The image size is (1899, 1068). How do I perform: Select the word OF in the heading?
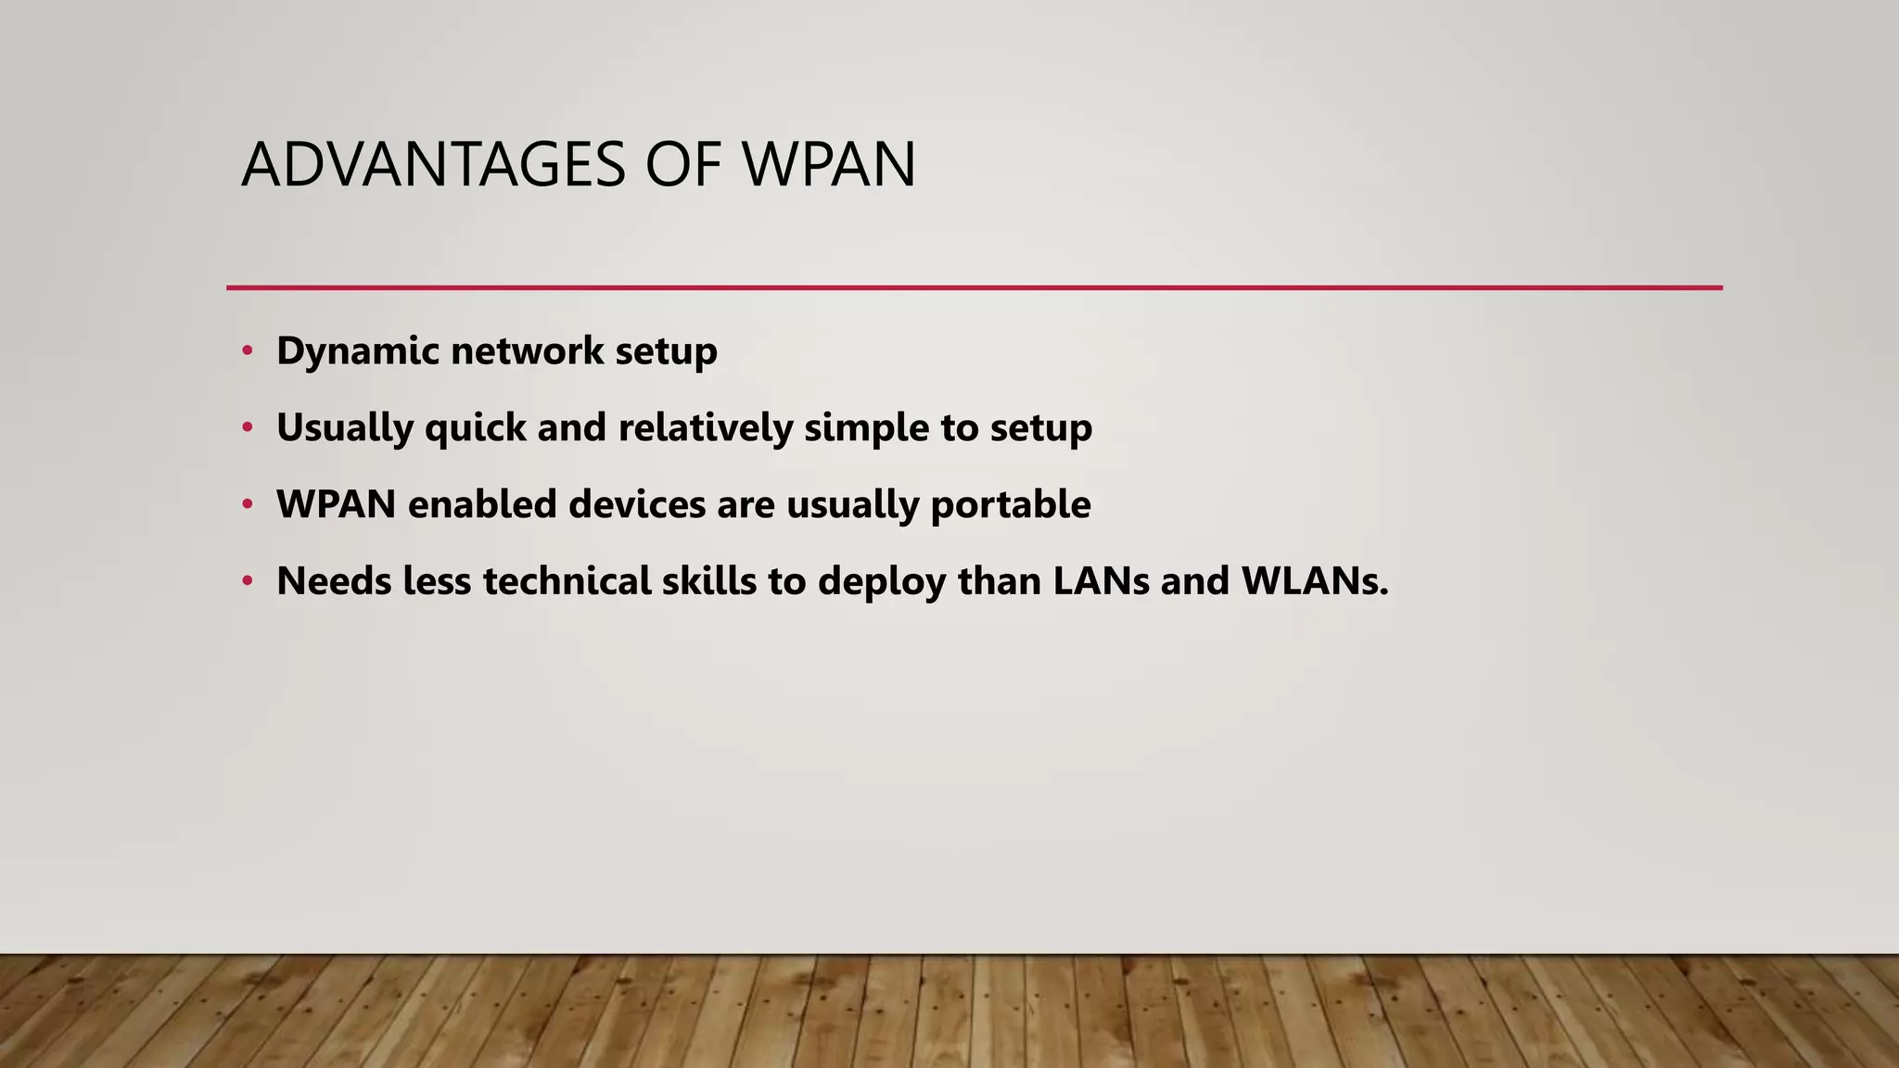point(682,165)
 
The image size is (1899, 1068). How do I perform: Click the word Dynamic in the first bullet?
point(357,351)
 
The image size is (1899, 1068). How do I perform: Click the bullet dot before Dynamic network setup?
point(247,350)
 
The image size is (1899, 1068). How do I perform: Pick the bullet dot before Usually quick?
point(247,427)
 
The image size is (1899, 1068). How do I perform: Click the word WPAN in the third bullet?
point(336,504)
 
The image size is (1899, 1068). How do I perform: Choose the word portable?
point(1010,505)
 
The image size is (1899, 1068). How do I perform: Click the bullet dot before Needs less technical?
point(247,581)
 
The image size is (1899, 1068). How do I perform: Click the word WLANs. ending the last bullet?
point(1315,581)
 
